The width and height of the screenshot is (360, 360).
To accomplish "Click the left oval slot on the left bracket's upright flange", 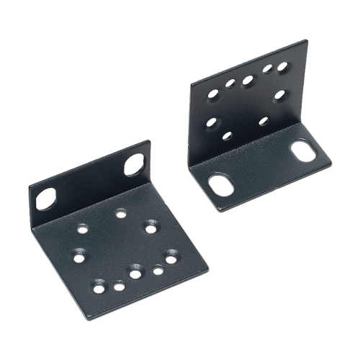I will pyautogui.click(x=46, y=197).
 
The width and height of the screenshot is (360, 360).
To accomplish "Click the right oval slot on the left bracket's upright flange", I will pyautogui.click(x=134, y=165).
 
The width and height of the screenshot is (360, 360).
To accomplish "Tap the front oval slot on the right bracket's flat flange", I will pyautogui.click(x=221, y=185).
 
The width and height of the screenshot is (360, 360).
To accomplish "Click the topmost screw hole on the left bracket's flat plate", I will pyautogui.click(x=120, y=213).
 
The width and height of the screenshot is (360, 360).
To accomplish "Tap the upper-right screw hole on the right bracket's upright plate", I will pyautogui.click(x=282, y=68).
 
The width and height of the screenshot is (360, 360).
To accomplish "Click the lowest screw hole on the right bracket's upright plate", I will pyautogui.click(x=228, y=135).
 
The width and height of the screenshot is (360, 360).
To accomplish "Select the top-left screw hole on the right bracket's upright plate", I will pyautogui.click(x=214, y=94).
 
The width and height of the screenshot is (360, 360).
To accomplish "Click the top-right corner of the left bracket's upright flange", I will pyautogui.click(x=149, y=143).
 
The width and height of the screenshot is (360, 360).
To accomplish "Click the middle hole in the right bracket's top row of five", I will pyautogui.click(x=248, y=79).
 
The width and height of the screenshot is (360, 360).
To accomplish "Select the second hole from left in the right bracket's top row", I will pyautogui.click(x=230, y=84).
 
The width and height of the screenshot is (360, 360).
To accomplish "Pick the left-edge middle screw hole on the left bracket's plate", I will pyautogui.click(x=77, y=253).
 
